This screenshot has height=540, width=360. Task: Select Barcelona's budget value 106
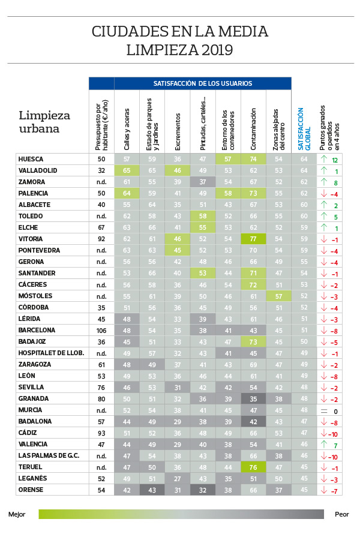[x=101, y=330]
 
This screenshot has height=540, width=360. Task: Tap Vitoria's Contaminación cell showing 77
[x=253, y=239]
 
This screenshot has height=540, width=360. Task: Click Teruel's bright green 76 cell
[x=253, y=467]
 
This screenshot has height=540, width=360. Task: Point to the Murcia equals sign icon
[x=325, y=410]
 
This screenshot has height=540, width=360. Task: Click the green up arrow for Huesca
[x=325, y=159]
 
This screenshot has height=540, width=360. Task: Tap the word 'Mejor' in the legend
[x=17, y=514]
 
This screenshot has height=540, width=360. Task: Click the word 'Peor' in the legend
[x=341, y=514]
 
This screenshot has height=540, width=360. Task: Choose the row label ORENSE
[x=32, y=490]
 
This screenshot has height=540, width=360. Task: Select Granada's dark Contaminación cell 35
[x=253, y=398]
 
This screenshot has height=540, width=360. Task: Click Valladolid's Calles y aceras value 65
[x=127, y=170]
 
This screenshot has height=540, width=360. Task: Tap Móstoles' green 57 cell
[x=278, y=296]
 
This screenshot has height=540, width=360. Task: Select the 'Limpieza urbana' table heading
[x=44, y=121]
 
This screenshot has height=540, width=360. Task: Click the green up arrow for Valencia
[x=325, y=444]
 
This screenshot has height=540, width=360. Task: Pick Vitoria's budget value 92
[x=101, y=239]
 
